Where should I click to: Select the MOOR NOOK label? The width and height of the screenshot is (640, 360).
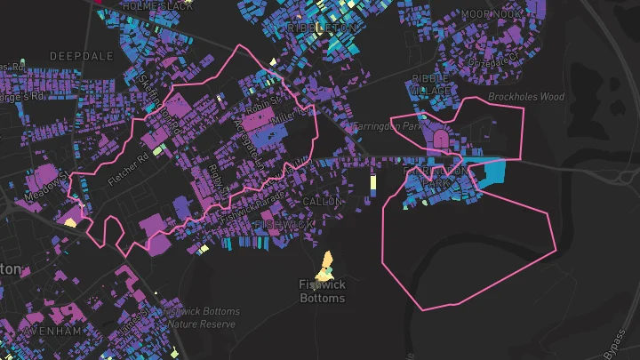coord(492,15)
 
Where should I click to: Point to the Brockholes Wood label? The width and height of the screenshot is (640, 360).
coord(526,96)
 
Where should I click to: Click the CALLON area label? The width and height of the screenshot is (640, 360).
coord(322,202)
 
